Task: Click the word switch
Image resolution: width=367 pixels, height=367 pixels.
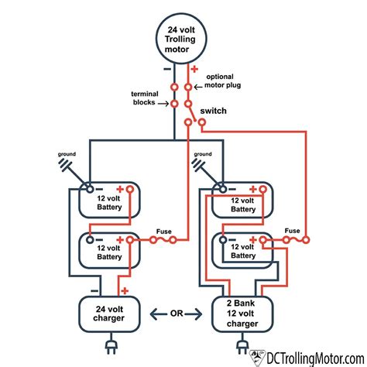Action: click(213, 111)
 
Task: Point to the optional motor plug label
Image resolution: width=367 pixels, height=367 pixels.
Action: click(222, 81)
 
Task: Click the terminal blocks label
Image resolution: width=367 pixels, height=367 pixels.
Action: click(145, 98)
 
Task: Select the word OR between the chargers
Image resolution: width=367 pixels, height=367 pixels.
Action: click(177, 314)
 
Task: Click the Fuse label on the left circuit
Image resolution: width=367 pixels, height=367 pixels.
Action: click(164, 232)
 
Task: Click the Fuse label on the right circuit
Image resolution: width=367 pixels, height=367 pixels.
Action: click(292, 231)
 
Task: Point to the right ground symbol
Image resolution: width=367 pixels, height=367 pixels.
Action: click(199, 165)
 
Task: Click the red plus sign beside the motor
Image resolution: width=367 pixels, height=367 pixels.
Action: click(194, 69)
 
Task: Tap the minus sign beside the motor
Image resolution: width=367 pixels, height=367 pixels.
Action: click(167, 69)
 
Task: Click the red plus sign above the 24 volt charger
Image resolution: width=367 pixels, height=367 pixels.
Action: click(125, 291)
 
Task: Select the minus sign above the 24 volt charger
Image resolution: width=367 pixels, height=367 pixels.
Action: click(94, 291)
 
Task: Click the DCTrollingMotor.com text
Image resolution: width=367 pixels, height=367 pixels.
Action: click(315, 358)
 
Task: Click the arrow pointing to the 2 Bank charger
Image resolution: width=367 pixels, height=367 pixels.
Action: click(194, 314)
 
